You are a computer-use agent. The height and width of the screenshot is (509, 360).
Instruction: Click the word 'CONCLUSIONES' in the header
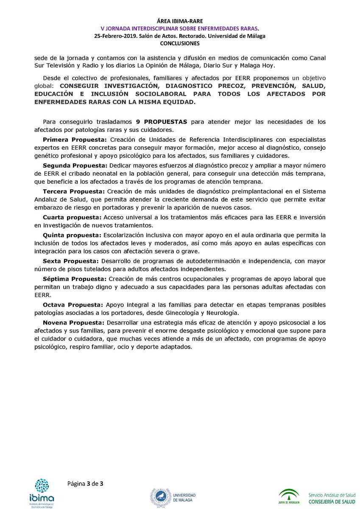[180, 43]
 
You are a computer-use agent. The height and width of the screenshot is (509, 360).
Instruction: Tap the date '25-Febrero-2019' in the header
[116, 36]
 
